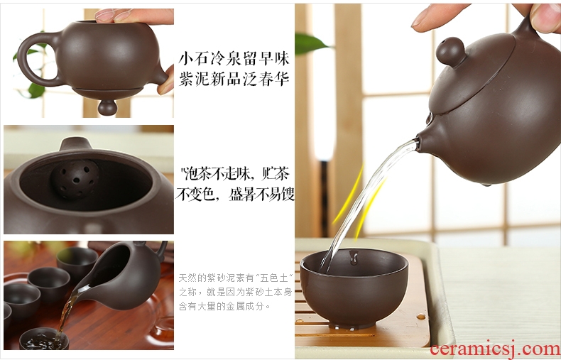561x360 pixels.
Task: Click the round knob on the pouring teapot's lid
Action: point(450,52)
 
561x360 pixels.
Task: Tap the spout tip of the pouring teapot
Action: point(418,140)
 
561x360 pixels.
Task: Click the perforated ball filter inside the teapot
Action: point(75,178)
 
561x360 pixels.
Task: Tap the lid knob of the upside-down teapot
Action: point(107,107)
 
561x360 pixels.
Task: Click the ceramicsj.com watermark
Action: point(495,349)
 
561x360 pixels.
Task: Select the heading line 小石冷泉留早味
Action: point(234,58)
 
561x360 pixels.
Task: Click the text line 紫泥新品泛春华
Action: point(234,79)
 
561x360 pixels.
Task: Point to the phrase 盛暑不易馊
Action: point(261,195)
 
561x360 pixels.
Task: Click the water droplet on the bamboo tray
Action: point(420,317)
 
